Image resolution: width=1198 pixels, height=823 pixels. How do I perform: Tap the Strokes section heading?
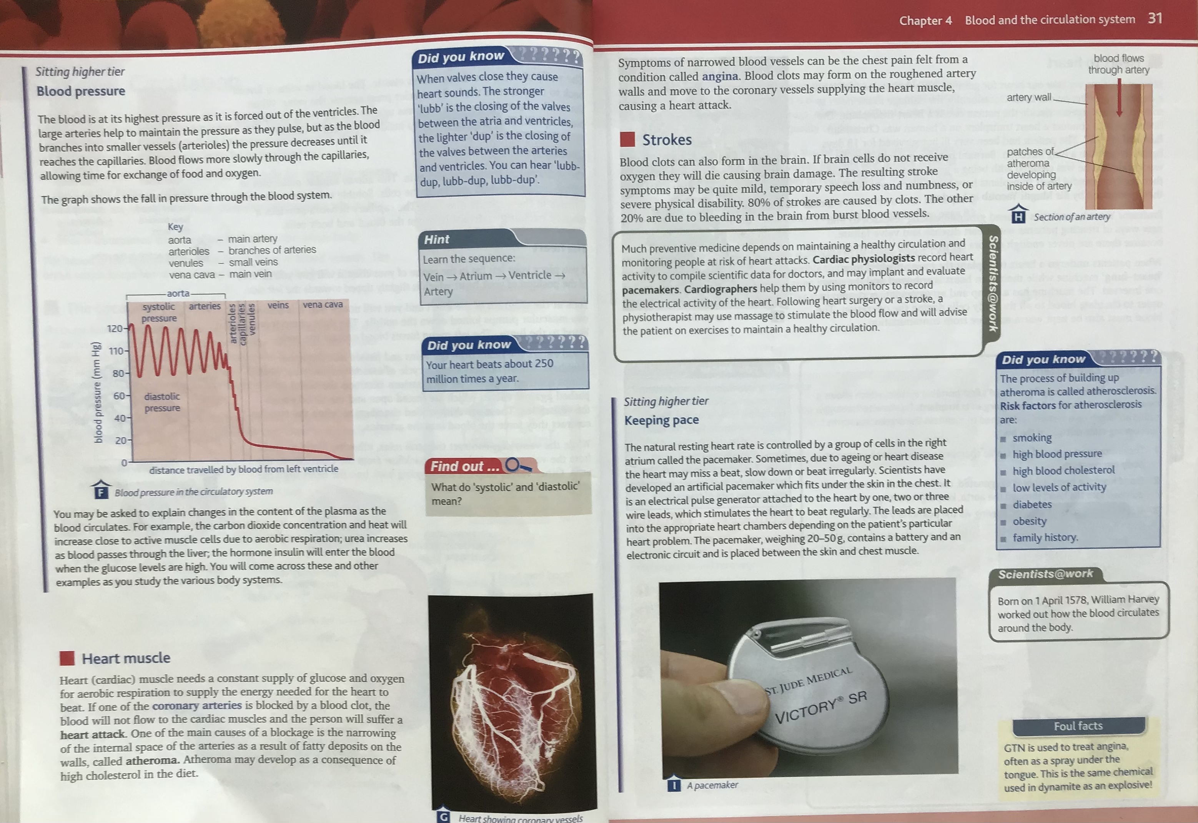point(667,140)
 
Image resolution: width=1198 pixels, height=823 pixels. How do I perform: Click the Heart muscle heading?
point(126,658)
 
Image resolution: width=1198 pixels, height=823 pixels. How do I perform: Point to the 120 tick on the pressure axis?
point(115,329)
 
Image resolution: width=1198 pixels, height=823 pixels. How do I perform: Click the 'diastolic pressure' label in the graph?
point(162,402)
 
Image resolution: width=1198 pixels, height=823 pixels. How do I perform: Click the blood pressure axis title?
point(97,393)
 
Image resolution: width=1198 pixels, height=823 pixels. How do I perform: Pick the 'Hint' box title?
point(436,239)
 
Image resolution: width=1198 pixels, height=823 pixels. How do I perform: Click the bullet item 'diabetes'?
point(1032,504)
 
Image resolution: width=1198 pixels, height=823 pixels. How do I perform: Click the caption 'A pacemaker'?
point(712,785)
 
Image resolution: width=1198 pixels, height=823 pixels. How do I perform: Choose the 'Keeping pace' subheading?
point(662,420)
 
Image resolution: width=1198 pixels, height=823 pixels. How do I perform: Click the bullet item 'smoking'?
point(1032,438)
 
